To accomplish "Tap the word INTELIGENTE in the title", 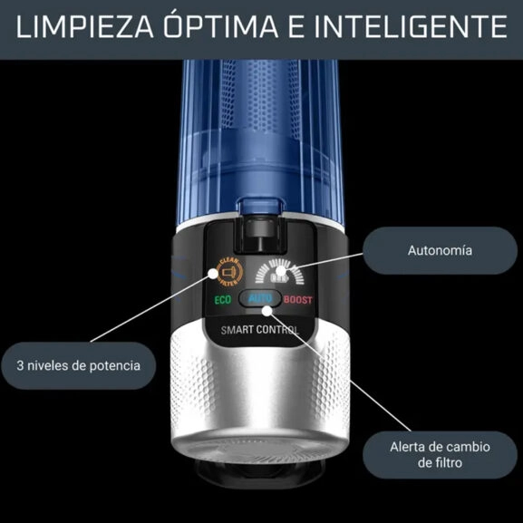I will pos(426,26).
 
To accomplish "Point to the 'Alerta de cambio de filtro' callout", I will pos(426,454).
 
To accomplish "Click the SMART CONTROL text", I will pos(261,330).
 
